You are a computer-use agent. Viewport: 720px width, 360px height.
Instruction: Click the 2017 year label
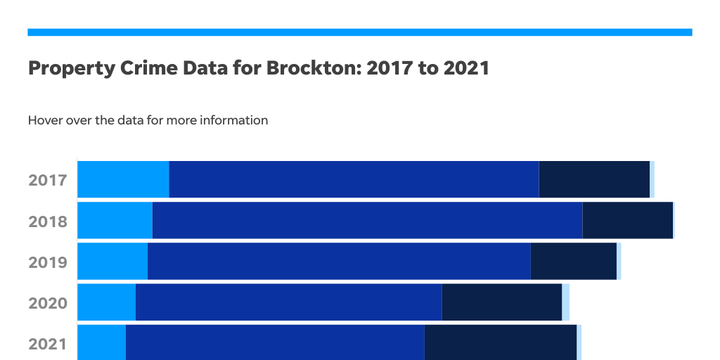click(48, 180)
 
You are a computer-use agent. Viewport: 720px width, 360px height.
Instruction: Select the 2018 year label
click(48, 221)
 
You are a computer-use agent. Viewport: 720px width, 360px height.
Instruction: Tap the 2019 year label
click(48, 262)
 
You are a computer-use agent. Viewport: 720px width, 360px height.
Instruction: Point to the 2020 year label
click(48, 303)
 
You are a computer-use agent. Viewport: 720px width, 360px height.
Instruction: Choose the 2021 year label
click(48, 344)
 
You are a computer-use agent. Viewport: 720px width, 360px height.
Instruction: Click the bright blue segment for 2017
click(123, 179)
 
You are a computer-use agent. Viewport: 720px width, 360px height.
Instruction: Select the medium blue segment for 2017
click(354, 179)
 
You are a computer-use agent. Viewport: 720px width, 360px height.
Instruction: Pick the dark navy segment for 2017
click(594, 179)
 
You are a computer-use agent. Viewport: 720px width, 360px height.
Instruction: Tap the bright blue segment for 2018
click(115, 220)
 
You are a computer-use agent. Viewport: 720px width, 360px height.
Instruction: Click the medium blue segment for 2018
click(367, 220)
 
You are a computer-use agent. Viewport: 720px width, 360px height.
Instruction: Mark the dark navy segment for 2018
click(628, 220)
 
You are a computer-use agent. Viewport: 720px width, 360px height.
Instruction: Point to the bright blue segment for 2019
click(112, 261)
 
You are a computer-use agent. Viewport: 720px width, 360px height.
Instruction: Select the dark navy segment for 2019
click(573, 261)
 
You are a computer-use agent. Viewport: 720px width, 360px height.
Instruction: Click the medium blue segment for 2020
click(288, 302)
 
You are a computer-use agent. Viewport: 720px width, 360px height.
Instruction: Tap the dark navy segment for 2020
click(501, 302)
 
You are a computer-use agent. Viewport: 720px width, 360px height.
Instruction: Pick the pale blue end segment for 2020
click(565, 302)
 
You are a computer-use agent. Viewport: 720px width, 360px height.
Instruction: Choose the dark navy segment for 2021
click(500, 342)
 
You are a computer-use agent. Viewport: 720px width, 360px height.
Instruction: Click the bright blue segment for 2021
click(101, 342)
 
